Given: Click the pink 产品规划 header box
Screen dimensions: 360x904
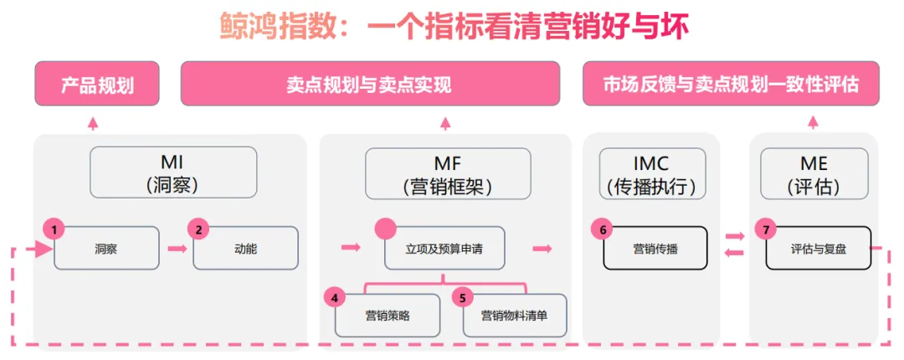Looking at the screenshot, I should [x=97, y=85].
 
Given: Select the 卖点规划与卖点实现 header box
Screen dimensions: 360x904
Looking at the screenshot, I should [x=370, y=85].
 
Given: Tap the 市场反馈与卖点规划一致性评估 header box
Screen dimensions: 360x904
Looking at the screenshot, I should [x=731, y=85].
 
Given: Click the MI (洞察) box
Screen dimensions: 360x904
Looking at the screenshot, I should [x=173, y=172].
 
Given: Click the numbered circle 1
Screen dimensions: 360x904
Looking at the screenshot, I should [x=54, y=229].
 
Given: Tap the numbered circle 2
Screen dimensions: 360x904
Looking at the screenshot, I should [x=198, y=229].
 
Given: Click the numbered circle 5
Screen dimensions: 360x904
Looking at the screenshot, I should [x=463, y=297].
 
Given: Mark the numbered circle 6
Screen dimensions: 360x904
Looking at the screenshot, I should [x=600, y=229].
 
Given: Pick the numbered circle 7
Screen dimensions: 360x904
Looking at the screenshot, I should [x=764, y=229].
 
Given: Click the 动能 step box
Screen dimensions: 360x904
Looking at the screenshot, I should [x=245, y=249].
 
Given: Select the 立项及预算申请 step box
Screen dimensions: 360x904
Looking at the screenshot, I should [x=444, y=249].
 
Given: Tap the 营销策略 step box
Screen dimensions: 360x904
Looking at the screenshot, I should [x=388, y=316].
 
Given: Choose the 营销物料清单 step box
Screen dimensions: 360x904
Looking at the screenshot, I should [x=515, y=316].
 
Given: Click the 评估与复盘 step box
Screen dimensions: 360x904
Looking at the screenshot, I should [x=818, y=249].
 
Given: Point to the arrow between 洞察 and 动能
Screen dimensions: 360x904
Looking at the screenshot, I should [x=177, y=249].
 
